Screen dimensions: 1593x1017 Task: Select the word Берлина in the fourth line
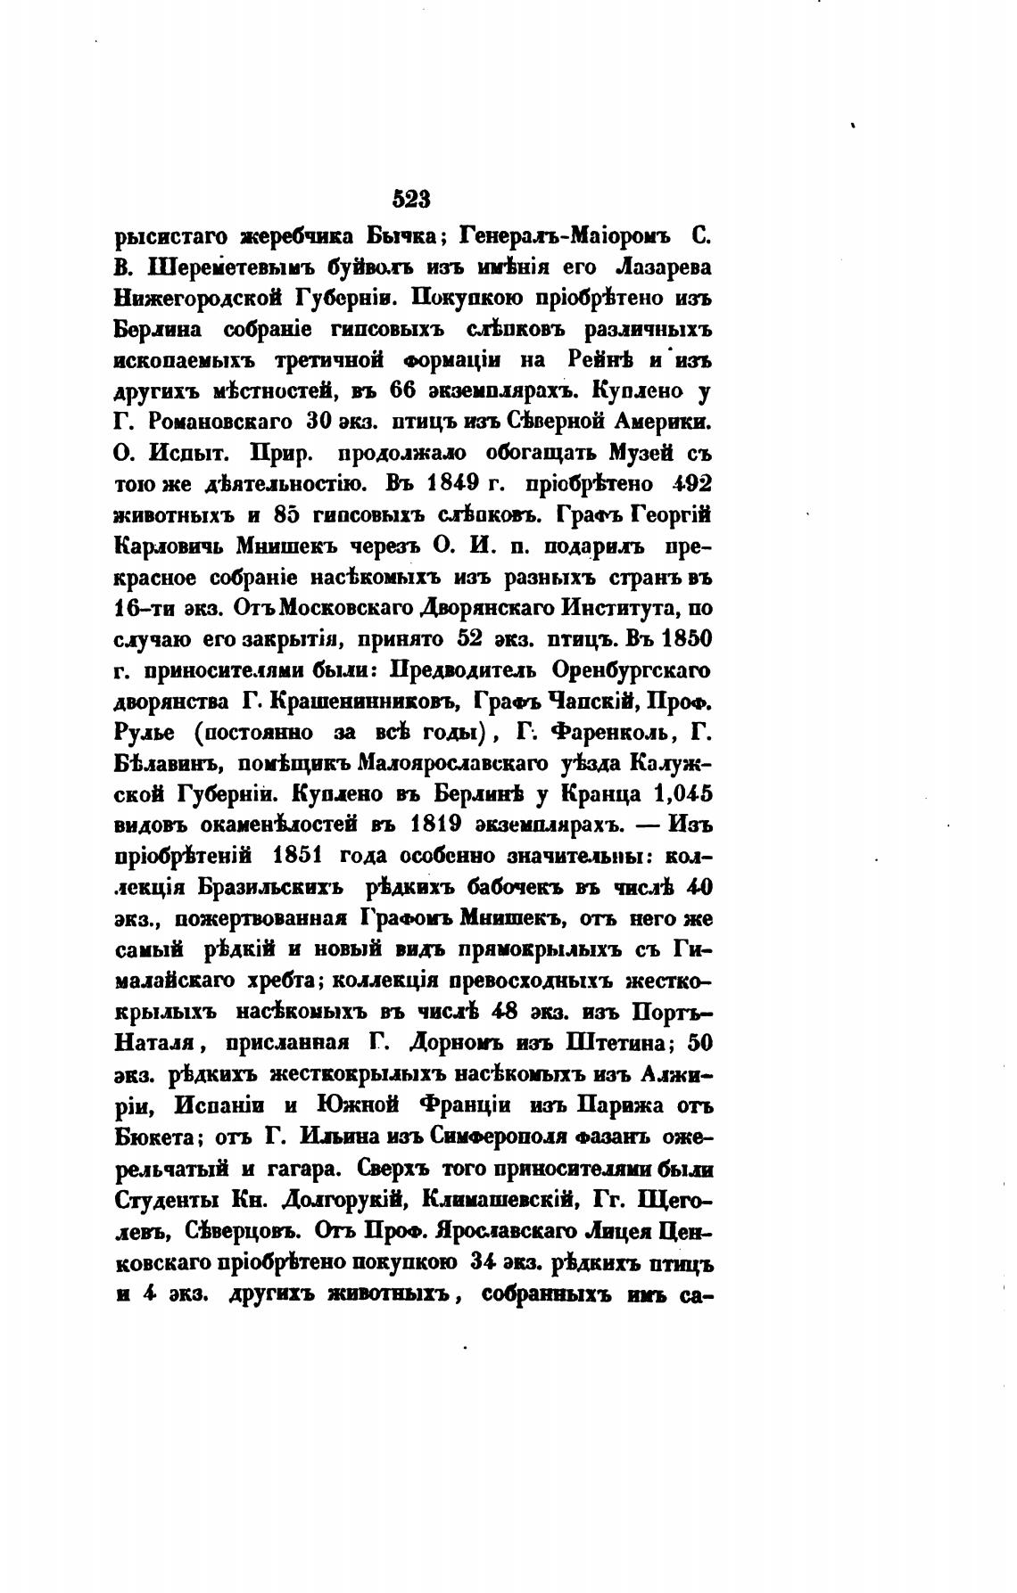158,329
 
